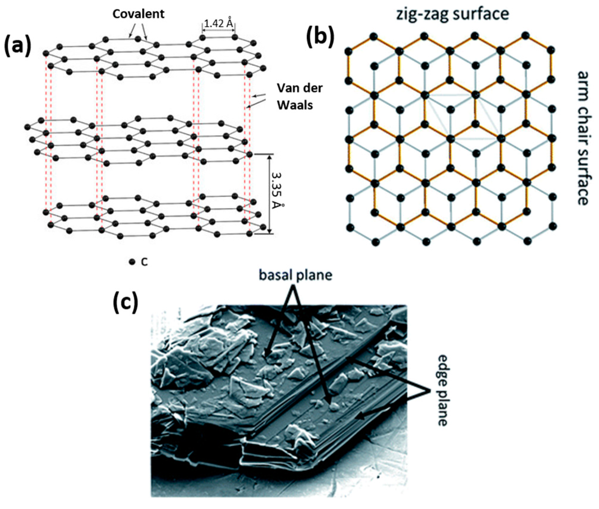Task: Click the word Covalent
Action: coord(138,14)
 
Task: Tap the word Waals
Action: coord(295,105)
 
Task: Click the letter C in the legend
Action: coord(144,262)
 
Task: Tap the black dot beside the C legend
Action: coord(132,262)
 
